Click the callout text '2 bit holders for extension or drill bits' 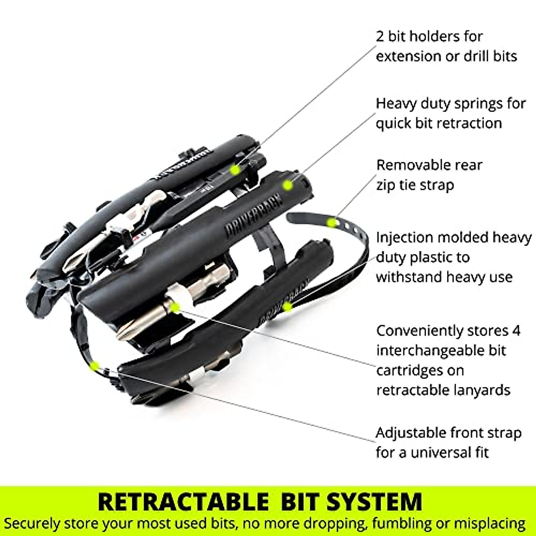446,46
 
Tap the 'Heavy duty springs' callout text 450,113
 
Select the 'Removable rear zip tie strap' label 429,175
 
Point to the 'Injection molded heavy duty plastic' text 453,257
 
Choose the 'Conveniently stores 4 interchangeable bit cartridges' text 448,360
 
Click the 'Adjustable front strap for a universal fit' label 448,442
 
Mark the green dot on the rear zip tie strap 331,222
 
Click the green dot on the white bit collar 175,306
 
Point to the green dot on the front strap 94,366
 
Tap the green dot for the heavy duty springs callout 288,184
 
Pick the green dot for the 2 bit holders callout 234,169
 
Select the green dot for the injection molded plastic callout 287,307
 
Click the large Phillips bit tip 127,331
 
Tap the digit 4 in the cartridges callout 515,331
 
